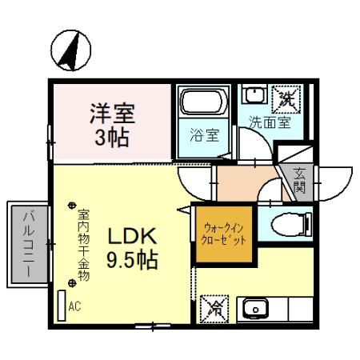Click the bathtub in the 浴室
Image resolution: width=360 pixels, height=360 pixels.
pos(203,102)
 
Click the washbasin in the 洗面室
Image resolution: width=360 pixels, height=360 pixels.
pos(254,97)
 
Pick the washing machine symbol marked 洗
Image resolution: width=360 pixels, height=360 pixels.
pos(285,100)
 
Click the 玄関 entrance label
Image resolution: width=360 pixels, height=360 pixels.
pos(298,181)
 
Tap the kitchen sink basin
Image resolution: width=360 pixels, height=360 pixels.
pos(255,308)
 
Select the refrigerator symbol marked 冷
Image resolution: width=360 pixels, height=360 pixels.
pos(214,308)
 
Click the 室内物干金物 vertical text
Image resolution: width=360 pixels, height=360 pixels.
pos(83,244)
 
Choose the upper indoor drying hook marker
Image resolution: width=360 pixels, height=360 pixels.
pos(72,205)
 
